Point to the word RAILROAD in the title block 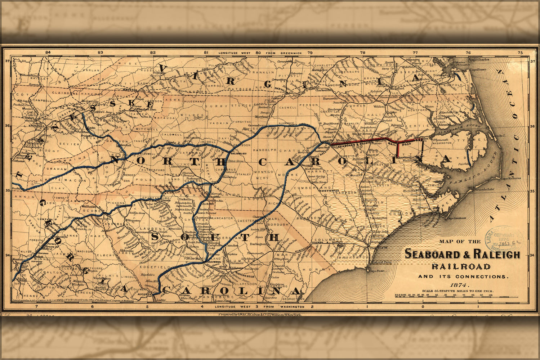(x=461, y=267)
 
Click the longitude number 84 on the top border (x=48, y=53)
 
